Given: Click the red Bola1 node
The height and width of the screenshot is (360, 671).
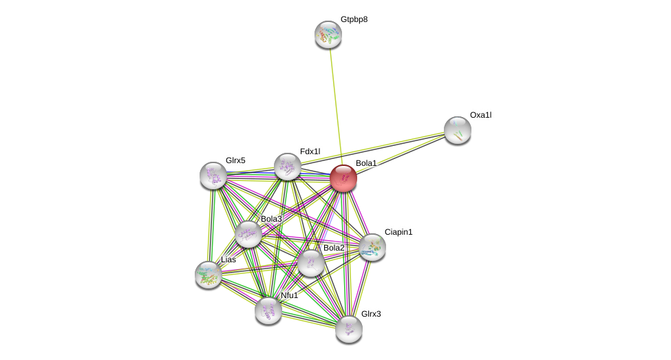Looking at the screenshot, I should tap(343, 178).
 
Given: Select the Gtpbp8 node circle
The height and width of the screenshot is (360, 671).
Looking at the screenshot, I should tap(328, 34).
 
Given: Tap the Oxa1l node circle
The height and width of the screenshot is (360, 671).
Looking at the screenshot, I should tap(458, 129).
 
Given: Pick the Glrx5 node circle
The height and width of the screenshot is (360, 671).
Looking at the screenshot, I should tap(213, 176).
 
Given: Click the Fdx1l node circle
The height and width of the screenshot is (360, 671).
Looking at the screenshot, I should tap(288, 167).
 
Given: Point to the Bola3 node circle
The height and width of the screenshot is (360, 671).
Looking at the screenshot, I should tap(248, 234).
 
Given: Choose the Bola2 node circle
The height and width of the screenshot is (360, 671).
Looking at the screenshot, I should tap(311, 262).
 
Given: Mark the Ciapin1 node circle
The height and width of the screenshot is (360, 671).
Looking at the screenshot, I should tap(372, 247).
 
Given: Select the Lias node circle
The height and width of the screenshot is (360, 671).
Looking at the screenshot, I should tap(208, 274).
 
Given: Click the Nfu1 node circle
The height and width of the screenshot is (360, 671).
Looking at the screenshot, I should tap(268, 310).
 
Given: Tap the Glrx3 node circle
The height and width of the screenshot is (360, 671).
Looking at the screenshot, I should tap(349, 328).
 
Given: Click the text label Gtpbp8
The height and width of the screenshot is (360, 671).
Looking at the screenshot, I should tap(354, 19).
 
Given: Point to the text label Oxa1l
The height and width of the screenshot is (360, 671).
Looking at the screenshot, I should tap(480, 115).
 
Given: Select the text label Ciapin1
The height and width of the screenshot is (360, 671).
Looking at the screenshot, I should tap(398, 232).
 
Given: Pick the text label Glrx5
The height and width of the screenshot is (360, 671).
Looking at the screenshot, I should tap(235, 160).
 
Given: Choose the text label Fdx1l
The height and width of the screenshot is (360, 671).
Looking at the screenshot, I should tap(310, 151).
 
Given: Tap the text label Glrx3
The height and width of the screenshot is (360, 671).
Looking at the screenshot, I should tap(371, 314).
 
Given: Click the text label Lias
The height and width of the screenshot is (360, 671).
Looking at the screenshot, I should tap(228, 260).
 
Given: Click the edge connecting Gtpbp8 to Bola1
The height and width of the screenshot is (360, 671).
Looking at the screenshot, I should tap(335, 103).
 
